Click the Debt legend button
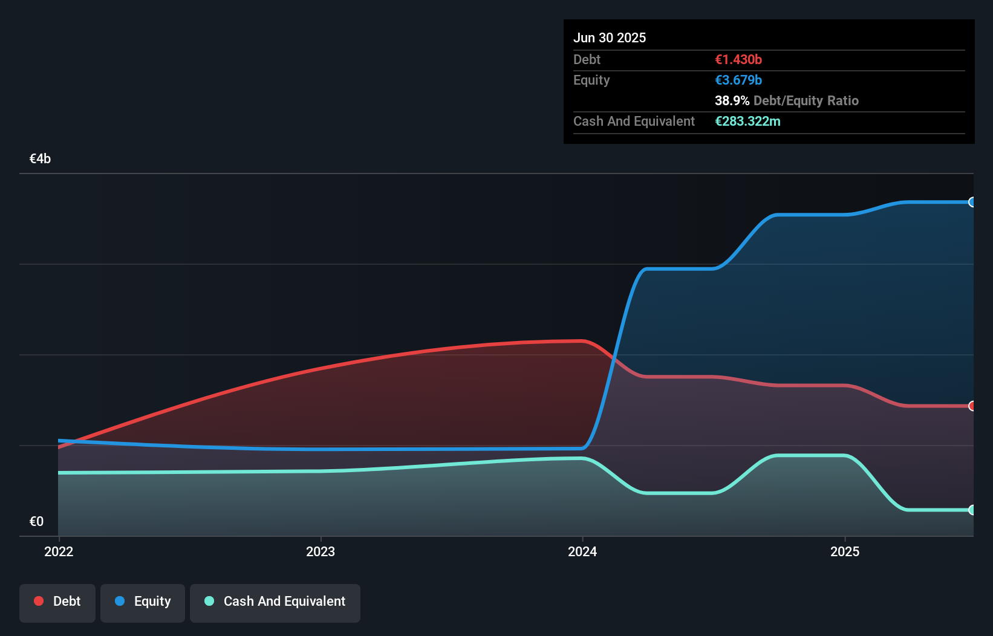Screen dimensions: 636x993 [57, 602]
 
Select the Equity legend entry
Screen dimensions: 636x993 [143, 602]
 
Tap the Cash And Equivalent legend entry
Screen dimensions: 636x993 [275, 602]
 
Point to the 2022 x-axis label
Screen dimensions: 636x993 [59, 551]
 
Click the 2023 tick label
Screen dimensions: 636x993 [321, 551]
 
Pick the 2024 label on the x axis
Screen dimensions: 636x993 [582, 551]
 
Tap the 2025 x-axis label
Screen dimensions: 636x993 [845, 551]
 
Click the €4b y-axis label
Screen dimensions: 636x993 [40, 159]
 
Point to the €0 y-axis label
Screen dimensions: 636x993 [36, 521]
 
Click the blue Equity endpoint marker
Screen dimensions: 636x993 [972, 202]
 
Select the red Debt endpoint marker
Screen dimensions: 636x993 [972, 406]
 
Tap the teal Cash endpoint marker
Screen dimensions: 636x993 [972, 510]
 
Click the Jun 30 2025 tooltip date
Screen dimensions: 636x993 [610, 37]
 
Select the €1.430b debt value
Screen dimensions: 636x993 [738, 59]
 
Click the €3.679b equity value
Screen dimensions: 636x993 [738, 80]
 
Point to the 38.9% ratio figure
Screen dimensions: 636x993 [732, 100]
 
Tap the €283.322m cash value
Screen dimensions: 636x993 [747, 121]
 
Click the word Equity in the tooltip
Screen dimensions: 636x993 [591, 80]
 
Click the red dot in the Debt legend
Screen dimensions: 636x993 [39, 601]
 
